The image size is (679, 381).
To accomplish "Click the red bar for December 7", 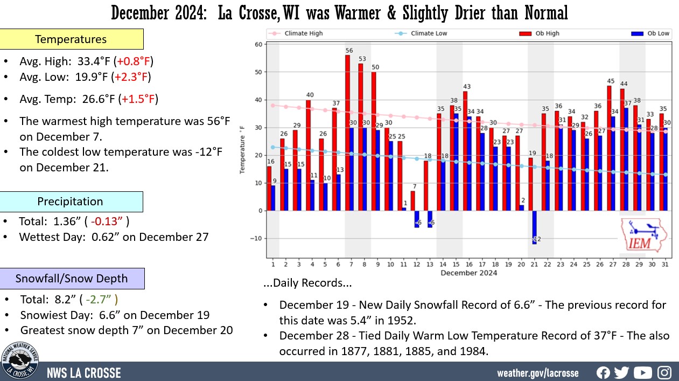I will click(348, 133).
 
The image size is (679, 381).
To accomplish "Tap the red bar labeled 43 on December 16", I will click(465, 151).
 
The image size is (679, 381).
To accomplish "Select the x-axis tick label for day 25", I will click(586, 264).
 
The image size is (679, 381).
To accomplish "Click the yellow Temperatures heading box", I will click(71, 39).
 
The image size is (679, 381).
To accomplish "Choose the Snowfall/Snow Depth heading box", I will click(72, 279).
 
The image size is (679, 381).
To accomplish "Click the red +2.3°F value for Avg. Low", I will click(131, 77).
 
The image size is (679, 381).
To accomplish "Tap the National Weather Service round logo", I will click(20, 362).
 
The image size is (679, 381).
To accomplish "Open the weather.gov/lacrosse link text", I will click(537, 373).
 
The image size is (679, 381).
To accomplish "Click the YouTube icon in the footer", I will click(642, 372).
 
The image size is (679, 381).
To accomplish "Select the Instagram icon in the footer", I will click(664, 372).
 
